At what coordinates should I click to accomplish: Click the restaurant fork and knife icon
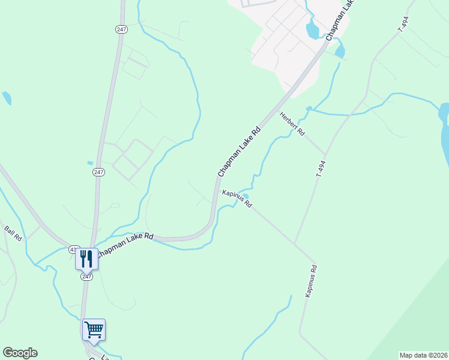click(x=86, y=259)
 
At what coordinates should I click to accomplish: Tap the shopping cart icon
click(x=94, y=329)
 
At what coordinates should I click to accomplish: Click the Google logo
click(x=20, y=353)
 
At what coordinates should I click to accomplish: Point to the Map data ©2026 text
click(x=423, y=355)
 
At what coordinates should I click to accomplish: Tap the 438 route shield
click(x=73, y=249)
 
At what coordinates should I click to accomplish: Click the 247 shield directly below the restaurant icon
click(x=87, y=277)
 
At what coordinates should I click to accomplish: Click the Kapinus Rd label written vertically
click(x=310, y=281)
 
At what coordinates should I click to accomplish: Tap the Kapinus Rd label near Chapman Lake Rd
click(x=237, y=199)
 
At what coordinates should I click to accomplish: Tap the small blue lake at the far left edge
click(x=7, y=98)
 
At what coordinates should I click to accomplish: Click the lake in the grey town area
click(x=313, y=29)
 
